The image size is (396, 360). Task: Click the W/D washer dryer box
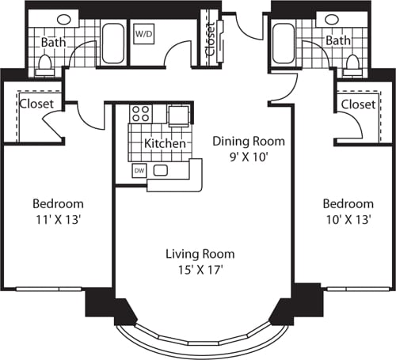tap(144, 35)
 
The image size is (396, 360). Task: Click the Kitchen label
tap(165, 144)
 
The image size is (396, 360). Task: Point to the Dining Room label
tap(248, 142)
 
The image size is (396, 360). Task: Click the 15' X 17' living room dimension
tap(200, 271)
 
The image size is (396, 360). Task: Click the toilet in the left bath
tap(45, 65)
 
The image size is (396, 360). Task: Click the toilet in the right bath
tap(352, 65)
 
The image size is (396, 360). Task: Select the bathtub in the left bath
tap(113, 44)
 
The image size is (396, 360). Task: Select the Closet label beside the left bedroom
tap(36, 104)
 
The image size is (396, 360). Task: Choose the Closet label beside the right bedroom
tap(357, 104)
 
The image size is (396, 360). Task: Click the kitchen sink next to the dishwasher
tap(161, 171)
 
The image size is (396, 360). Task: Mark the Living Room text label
tap(200, 255)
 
